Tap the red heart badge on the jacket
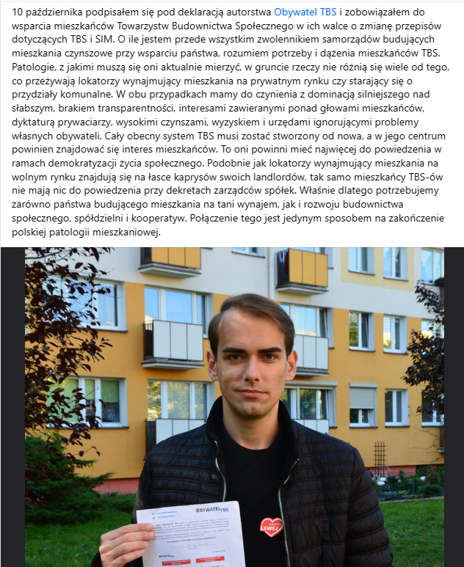[x=271, y=526]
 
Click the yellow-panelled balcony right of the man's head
[x=302, y=269]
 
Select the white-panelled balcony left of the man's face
[x=173, y=341]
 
